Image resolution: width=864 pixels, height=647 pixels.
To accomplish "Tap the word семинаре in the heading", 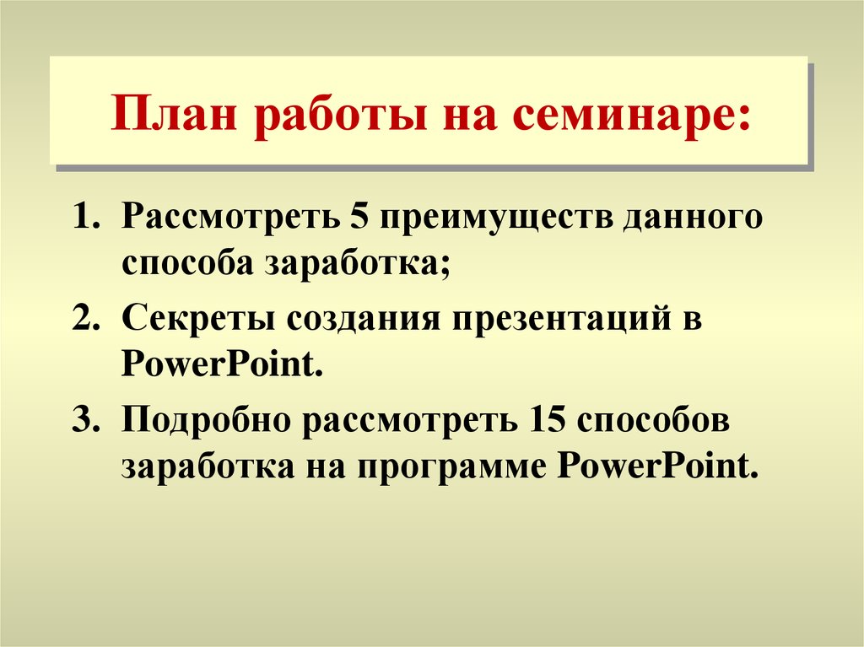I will coord(629,116).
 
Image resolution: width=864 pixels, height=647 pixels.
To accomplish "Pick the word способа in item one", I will coord(188,262).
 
